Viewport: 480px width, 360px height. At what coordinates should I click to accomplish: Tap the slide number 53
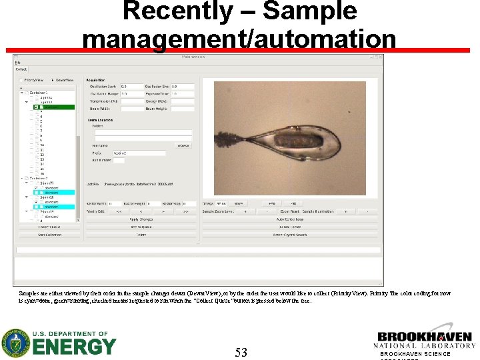click(241, 352)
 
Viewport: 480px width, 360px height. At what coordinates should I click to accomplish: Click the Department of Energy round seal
click(15, 343)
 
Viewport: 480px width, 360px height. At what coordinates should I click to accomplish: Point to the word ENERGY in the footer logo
click(74, 347)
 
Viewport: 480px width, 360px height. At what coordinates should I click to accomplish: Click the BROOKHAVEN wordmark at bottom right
click(424, 337)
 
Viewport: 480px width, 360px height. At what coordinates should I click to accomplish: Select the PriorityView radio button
click(23, 79)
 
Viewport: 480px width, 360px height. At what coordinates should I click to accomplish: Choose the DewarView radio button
click(53, 79)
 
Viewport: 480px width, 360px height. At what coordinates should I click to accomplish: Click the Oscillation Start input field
click(131, 87)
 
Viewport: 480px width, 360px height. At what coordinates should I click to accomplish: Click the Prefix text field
click(139, 153)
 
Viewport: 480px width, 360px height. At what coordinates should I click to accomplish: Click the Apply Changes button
click(141, 219)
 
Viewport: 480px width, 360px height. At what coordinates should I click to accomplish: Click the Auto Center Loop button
click(289, 219)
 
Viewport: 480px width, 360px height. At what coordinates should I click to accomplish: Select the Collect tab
click(21, 69)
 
